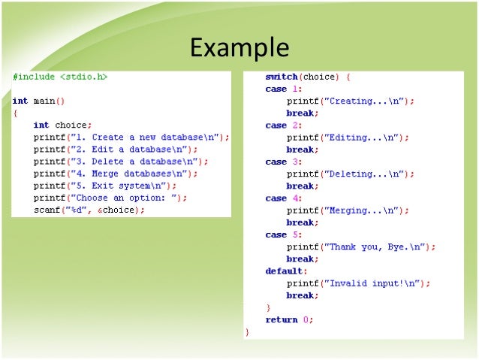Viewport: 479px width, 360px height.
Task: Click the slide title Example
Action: pyautogui.click(x=239, y=47)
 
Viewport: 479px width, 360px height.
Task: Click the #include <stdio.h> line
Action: pyautogui.click(x=60, y=77)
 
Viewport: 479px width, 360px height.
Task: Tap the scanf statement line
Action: pyautogui.click(x=89, y=210)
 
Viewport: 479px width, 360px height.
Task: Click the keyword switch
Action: pyautogui.click(x=282, y=77)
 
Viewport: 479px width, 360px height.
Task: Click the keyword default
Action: pyautogui.click(x=285, y=271)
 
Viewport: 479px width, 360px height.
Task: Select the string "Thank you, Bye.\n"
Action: pyautogui.click(x=375, y=247)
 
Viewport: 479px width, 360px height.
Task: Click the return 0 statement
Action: pyautogui.click(x=290, y=319)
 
